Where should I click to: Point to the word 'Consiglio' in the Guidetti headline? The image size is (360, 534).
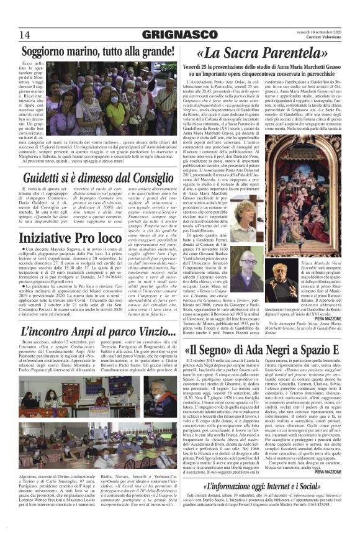pyautogui.click(x=150, y=179)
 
